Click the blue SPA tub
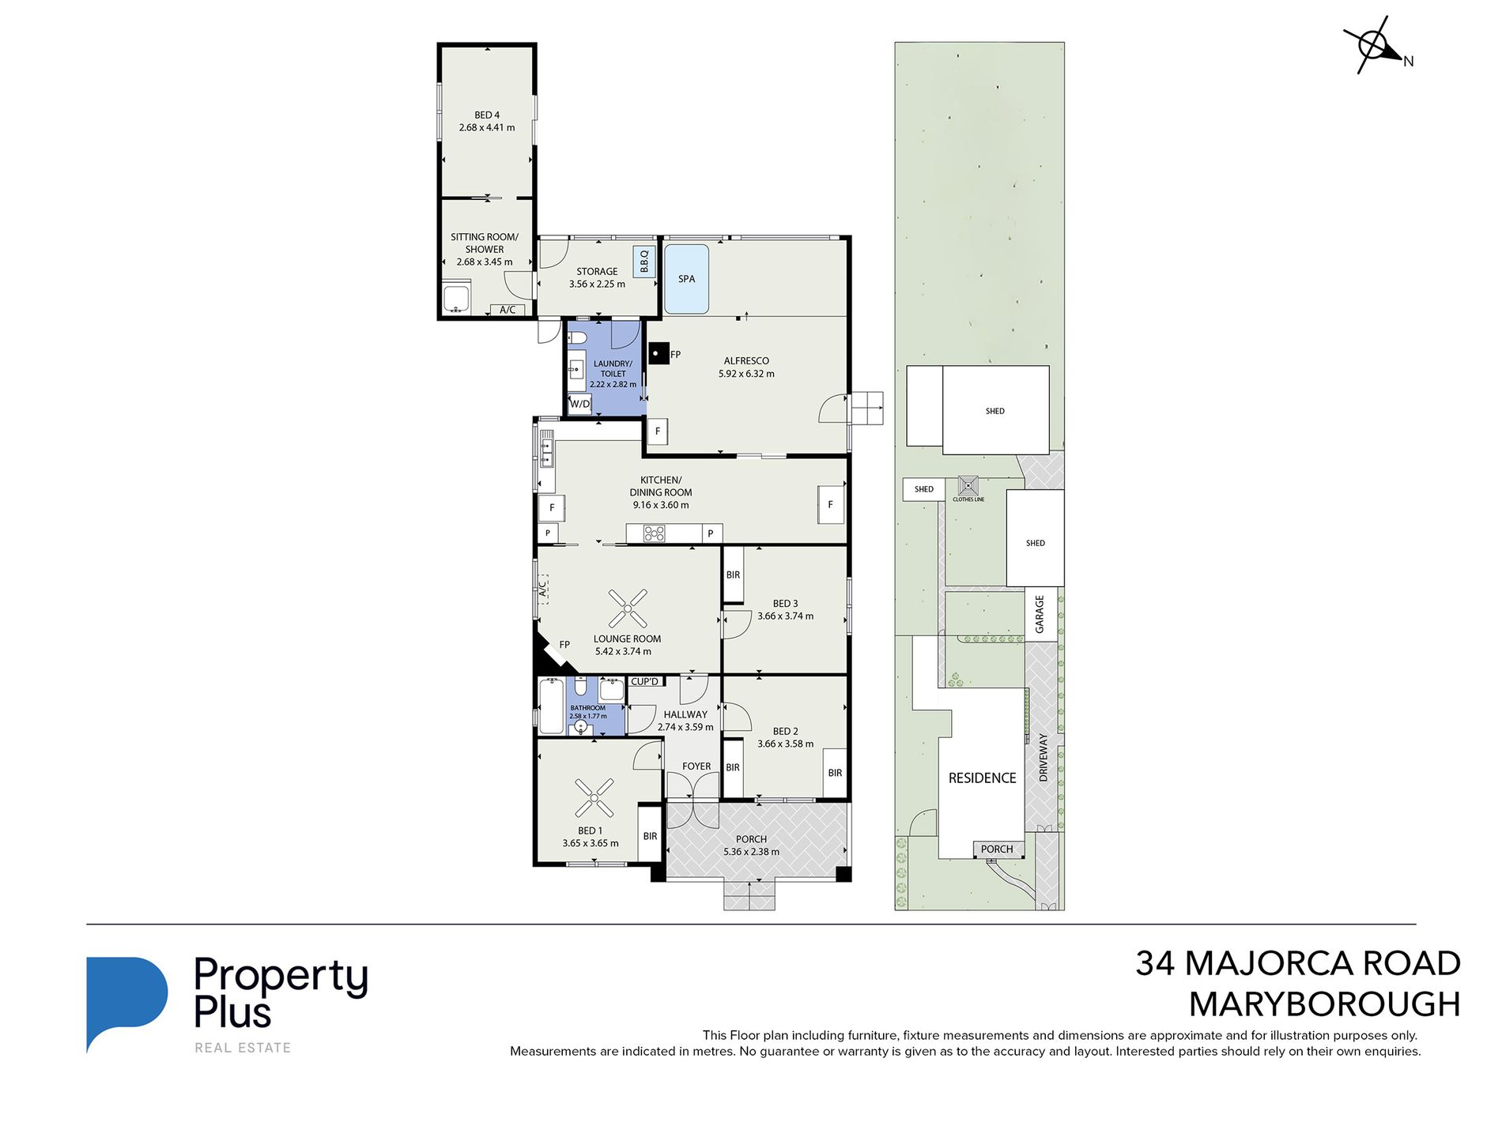[686, 279]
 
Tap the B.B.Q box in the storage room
[644, 261]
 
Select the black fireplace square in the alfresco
[658, 352]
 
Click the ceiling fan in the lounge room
[628, 608]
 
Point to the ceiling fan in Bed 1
[594, 798]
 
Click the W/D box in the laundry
[580, 404]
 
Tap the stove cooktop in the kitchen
[654, 533]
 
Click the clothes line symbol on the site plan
[968, 485]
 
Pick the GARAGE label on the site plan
[1040, 614]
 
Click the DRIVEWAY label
[1043, 758]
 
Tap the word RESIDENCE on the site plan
[983, 778]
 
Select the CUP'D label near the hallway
[645, 681]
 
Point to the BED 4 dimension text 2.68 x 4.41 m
[487, 127]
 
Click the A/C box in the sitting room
[508, 310]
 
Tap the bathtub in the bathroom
[551, 706]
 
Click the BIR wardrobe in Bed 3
[733, 575]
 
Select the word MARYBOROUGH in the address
[1325, 1004]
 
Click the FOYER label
[696, 766]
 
